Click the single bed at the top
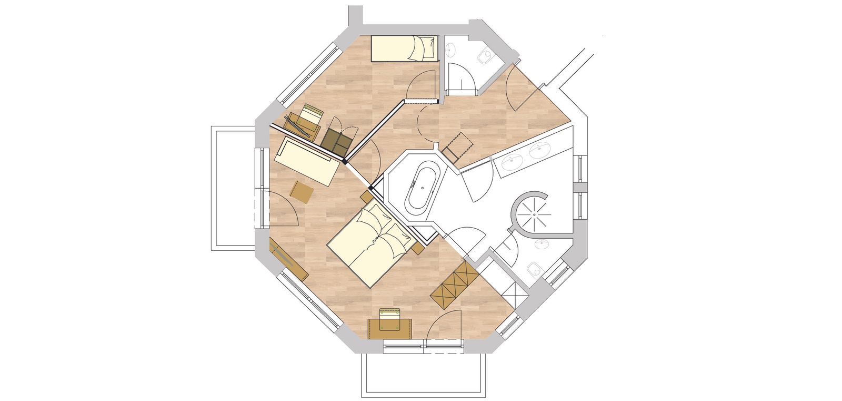[x=404, y=48]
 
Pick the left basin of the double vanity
[x=512, y=162]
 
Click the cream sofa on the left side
[x=307, y=161]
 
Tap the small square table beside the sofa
[x=302, y=191]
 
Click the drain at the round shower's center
[x=535, y=214]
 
